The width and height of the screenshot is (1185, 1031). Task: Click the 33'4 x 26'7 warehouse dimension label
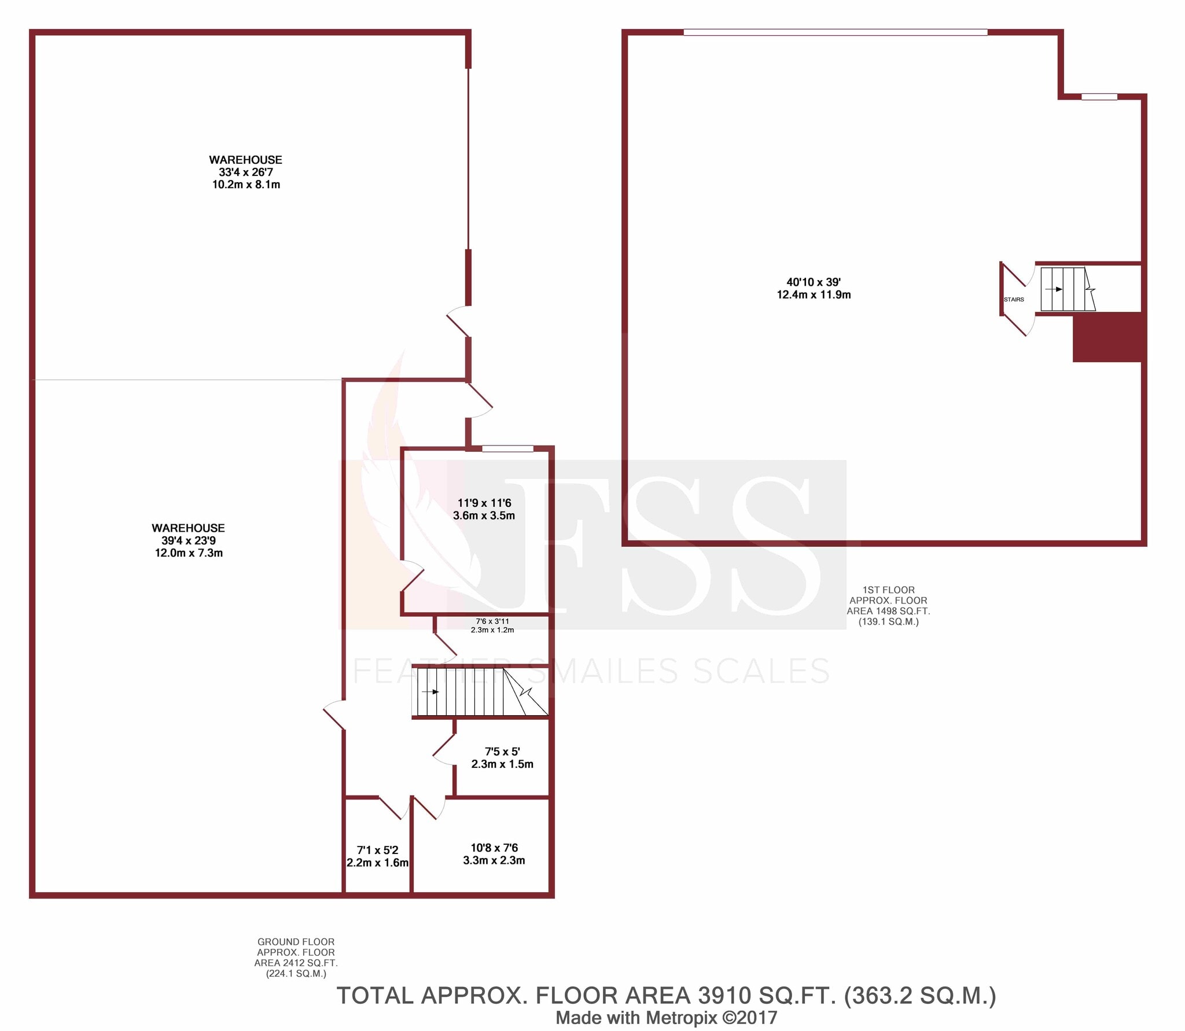coord(245,172)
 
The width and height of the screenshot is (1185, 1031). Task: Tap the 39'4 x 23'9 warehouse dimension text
coord(188,541)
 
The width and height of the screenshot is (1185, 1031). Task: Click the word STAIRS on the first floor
coord(1014,300)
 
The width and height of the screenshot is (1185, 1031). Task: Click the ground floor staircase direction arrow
coord(430,691)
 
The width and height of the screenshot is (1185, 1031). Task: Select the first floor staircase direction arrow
coord(1054,289)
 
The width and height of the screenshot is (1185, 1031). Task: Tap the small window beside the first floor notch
coord(1099,97)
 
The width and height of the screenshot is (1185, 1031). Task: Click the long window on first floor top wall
coord(835,32)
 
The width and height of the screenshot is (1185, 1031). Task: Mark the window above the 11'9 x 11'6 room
coord(507,448)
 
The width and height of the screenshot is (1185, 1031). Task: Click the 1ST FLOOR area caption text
coord(888,606)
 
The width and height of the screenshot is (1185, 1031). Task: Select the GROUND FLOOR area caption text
coord(296,958)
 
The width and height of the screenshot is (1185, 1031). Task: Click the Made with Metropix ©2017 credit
coord(666,1018)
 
